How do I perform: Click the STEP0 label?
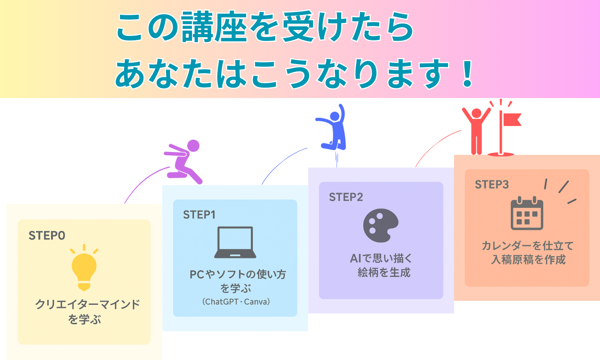47,236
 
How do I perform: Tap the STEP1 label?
199,215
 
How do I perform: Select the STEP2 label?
346,197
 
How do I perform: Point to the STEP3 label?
492,184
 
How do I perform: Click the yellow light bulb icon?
84,268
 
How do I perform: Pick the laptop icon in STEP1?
235,242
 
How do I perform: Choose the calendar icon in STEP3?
527,214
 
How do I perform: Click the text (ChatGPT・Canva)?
236,302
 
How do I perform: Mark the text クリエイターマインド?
88,304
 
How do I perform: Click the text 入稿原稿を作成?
528,260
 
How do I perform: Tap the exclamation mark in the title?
467,74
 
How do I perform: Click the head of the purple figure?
193,146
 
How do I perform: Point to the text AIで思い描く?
381,258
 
